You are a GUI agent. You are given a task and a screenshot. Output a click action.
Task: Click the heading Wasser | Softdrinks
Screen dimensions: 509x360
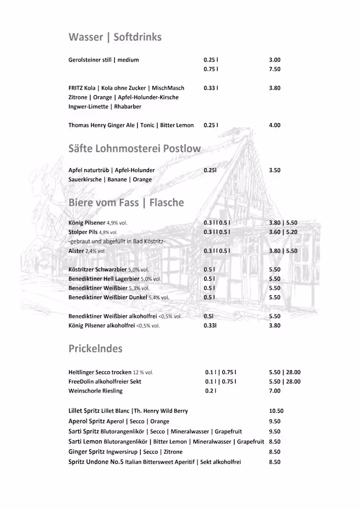(x=115, y=37)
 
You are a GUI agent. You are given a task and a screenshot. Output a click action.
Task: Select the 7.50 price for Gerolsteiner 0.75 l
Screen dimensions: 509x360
(x=274, y=69)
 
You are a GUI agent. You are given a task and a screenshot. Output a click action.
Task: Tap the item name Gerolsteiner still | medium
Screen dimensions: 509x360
(x=103, y=60)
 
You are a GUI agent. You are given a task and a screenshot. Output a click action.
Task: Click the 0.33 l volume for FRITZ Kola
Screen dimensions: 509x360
(x=211, y=88)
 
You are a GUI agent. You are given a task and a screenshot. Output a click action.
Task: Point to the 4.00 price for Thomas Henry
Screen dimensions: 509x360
(x=274, y=125)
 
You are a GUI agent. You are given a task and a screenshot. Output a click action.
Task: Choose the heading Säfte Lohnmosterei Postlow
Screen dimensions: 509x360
(x=134, y=149)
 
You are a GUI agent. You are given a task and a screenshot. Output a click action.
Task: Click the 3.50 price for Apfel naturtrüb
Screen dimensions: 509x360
(x=274, y=170)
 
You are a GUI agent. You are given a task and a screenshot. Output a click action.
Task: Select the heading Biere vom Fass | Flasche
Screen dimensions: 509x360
(x=126, y=202)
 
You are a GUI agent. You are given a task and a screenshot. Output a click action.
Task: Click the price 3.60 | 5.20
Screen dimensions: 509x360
(x=283, y=232)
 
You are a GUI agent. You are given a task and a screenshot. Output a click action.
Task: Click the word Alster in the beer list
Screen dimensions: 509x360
(x=76, y=251)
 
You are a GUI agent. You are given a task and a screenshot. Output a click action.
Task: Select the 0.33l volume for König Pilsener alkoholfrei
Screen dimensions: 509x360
(x=210, y=325)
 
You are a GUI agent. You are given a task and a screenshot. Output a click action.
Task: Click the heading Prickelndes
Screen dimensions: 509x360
(x=96, y=349)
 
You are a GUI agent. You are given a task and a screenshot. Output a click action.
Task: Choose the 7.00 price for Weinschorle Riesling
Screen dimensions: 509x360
(x=274, y=391)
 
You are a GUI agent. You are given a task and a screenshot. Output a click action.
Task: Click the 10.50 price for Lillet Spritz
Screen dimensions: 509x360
(x=276, y=411)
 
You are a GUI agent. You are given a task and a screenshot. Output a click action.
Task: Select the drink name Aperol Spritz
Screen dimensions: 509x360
(x=88, y=421)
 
